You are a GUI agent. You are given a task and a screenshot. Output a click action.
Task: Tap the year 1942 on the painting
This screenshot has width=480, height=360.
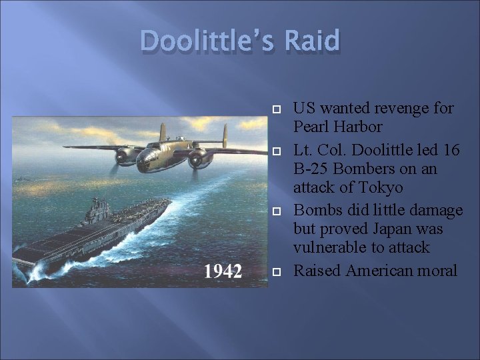[x=223, y=271]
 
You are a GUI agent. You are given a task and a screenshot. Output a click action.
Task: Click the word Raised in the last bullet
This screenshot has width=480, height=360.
[x=317, y=270]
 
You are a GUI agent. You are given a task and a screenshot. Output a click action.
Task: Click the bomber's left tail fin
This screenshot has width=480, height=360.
[x=162, y=136]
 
